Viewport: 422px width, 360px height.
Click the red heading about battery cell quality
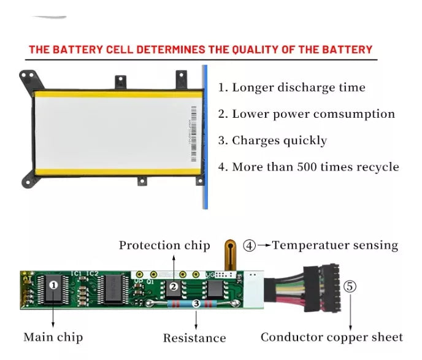click(201, 50)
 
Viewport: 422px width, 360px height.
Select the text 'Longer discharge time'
click(292, 88)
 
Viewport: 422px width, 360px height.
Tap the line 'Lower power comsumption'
click(307, 114)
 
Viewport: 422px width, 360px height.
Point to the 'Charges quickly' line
click(272, 140)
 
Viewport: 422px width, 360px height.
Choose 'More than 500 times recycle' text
click(309, 167)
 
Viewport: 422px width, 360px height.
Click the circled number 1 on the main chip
click(53, 284)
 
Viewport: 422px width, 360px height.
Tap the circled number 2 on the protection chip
click(174, 286)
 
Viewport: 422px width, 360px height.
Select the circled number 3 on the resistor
click(196, 302)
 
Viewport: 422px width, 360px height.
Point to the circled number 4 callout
click(249, 245)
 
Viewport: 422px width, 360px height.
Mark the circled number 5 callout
click(350, 286)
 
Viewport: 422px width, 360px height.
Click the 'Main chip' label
click(53, 337)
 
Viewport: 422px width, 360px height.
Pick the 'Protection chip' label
click(164, 245)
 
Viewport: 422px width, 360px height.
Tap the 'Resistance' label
click(194, 338)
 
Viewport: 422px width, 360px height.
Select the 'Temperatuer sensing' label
click(335, 245)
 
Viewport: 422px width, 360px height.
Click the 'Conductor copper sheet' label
click(332, 337)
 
